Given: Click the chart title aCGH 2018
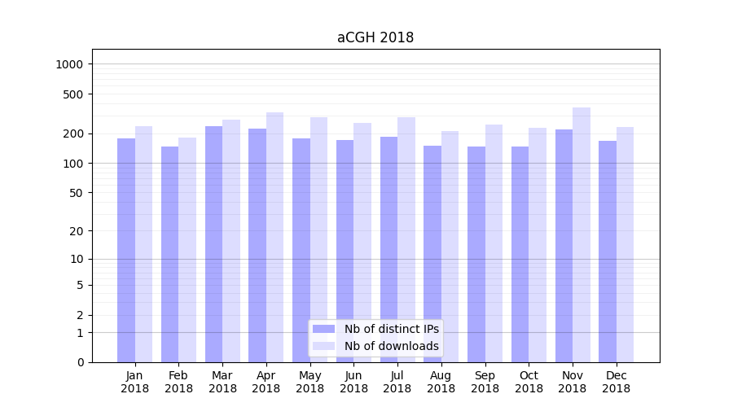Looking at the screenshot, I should pyautogui.click(x=375, y=37).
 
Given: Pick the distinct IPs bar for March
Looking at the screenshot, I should pyautogui.click(x=213, y=244).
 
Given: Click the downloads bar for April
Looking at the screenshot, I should pyautogui.click(x=275, y=237).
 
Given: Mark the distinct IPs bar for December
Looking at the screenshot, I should pyautogui.click(x=608, y=252).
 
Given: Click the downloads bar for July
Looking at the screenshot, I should pyautogui.click(x=406, y=239).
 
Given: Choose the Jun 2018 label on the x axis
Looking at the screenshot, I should pyautogui.click(x=353, y=382).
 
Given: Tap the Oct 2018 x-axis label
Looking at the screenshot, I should pyautogui.click(x=529, y=382).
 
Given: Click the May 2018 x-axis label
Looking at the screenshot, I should pyautogui.click(x=310, y=382).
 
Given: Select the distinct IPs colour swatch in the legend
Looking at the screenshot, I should pyautogui.click(x=323, y=329).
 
